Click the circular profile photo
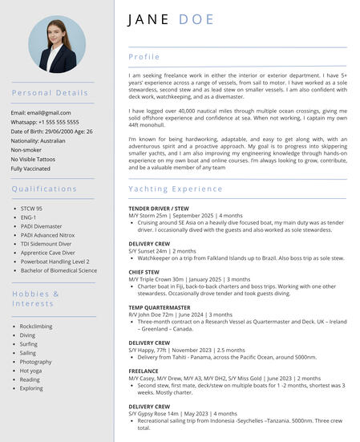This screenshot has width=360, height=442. tap(57, 45)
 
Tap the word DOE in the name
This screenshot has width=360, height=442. tap(197, 19)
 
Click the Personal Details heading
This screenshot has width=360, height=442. tap(50, 93)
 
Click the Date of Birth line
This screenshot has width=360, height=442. tap(51, 132)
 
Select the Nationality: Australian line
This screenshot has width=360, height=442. tap(38, 140)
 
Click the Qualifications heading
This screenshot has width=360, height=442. tap(44, 189)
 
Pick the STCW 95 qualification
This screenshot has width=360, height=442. tap(31, 209)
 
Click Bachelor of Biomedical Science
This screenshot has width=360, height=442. tap(59, 270)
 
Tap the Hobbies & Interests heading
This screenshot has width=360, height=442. tap(35, 298)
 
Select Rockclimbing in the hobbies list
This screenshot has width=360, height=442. tap(36, 326)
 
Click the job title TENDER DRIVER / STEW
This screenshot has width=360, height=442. tap(164, 209)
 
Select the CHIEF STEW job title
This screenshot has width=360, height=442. tap(144, 272)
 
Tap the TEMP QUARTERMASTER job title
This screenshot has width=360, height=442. tap(160, 307)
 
